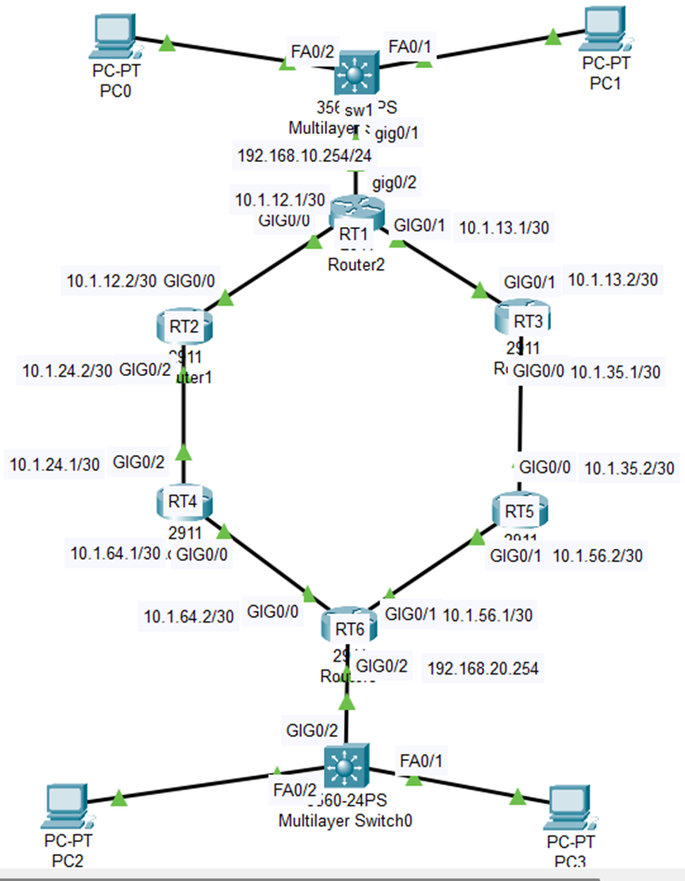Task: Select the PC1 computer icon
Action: (x=606, y=30)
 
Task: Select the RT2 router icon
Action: (x=182, y=325)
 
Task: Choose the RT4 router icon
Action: (x=183, y=502)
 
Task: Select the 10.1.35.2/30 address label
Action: (x=628, y=469)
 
